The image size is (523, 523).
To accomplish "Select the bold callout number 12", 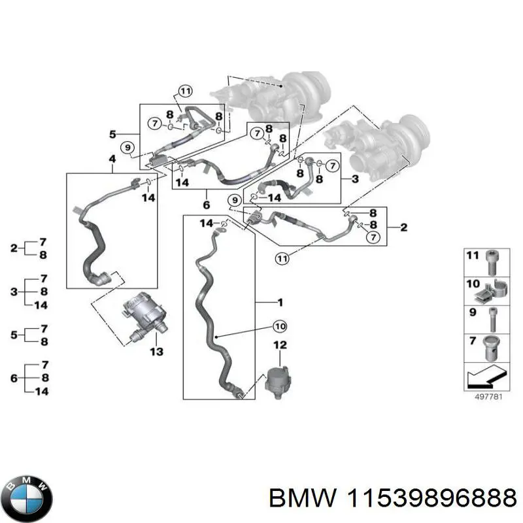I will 280,344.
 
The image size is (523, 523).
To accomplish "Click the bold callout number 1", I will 280,303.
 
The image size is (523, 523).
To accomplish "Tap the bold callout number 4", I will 112,160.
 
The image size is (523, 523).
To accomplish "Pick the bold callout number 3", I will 355,178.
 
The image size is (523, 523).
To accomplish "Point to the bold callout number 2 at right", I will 403,227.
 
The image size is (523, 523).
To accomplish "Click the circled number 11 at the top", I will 186,91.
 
